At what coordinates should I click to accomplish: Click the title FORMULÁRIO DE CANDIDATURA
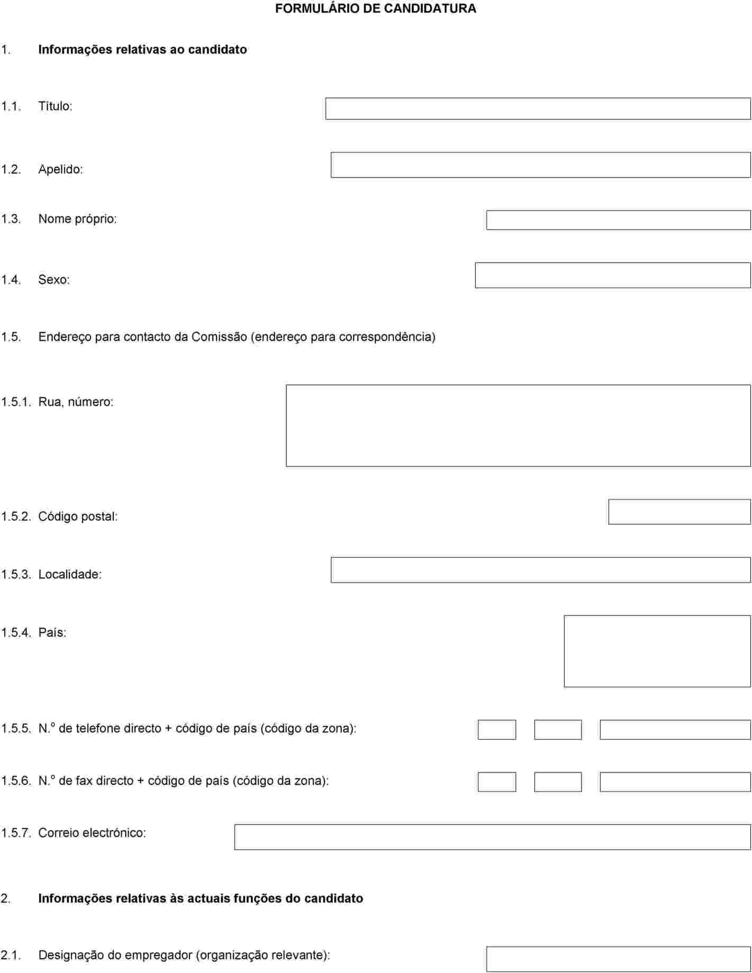tap(375, 8)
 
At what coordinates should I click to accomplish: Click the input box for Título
tap(538, 108)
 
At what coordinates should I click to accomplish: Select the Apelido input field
tap(540, 165)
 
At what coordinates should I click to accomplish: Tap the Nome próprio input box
tap(618, 220)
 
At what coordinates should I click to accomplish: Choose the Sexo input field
tap(612, 275)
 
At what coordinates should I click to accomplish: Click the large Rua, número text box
tap(518, 425)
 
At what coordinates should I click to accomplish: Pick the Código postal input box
tap(679, 512)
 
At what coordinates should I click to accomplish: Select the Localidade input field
tap(540, 570)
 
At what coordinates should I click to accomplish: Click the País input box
tap(657, 651)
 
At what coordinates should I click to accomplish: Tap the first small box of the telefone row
tap(496, 730)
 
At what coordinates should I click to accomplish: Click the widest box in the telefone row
tap(675, 730)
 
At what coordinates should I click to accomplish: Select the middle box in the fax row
tap(558, 782)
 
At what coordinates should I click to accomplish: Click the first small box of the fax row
tap(496, 782)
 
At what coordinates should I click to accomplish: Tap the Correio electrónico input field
tap(492, 837)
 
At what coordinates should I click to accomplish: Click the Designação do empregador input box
tap(618, 959)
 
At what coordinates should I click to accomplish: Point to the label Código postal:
tap(78, 516)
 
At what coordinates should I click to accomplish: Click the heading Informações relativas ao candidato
tap(142, 49)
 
